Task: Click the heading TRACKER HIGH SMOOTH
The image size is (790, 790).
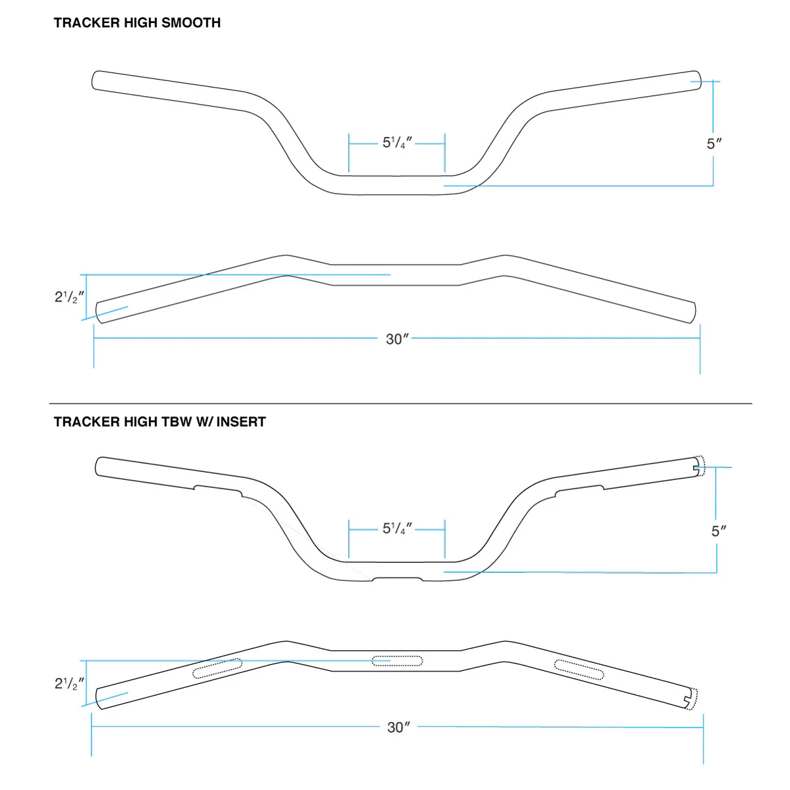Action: pyautogui.click(x=137, y=23)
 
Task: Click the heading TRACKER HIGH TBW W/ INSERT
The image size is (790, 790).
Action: pyautogui.click(x=159, y=422)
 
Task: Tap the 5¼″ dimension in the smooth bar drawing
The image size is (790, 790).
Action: pyautogui.click(x=397, y=143)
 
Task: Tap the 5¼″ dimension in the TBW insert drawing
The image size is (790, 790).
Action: pyautogui.click(x=397, y=529)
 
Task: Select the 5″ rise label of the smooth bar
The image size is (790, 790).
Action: pyautogui.click(x=714, y=144)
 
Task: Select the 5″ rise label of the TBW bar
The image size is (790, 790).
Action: pyautogui.click(x=719, y=531)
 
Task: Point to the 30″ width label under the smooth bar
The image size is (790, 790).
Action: pyautogui.click(x=397, y=339)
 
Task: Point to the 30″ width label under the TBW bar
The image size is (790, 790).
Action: pyautogui.click(x=398, y=727)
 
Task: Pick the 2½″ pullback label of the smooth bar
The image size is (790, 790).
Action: pyautogui.click(x=69, y=297)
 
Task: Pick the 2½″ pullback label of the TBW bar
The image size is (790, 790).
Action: pyautogui.click(x=69, y=684)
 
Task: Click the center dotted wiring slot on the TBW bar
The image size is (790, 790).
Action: pyautogui.click(x=397, y=660)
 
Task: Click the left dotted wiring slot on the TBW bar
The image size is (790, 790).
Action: pyautogui.click(x=217, y=668)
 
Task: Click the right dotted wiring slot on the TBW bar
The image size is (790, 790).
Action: pyautogui.click(x=579, y=670)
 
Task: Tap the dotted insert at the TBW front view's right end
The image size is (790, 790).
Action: pyautogui.click(x=701, y=466)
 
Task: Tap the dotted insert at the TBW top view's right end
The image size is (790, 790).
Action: pyautogui.click(x=691, y=699)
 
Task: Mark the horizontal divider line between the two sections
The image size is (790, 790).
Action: pyautogui.click(x=400, y=404)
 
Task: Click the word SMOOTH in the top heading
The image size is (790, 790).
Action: pyautogui.click(x=191, y=23)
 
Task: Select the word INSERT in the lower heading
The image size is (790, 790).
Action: pyautogui.click(x=241, y=422)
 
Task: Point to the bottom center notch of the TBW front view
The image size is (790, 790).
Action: pyautogui.click(x=397, y=579)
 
